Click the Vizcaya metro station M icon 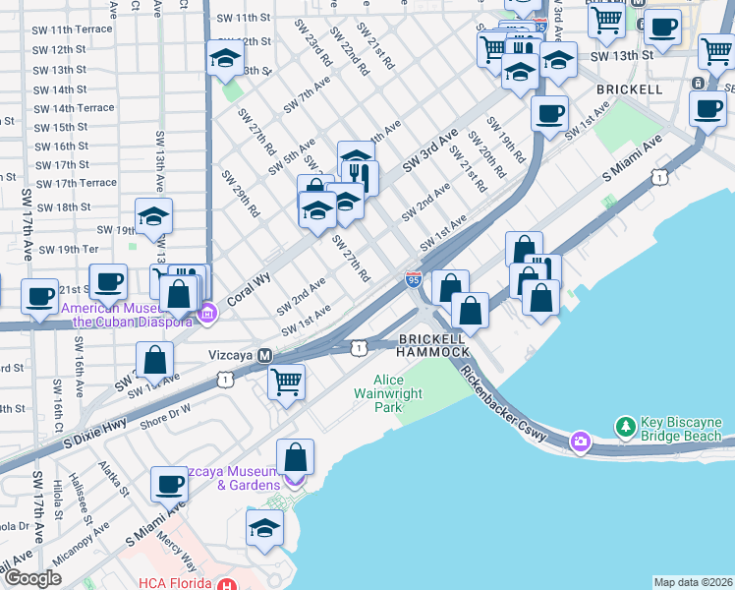tap(264, 355)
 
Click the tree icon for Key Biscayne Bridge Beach tap(625, 427)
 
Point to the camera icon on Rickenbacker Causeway tap(581, 442)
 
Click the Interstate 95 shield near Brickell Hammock tap(414, 279)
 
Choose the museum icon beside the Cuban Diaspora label tap(206, 315)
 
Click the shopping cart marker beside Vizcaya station tap(286, 381)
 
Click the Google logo tap(32, 578)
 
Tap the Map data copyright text tap(692, 582)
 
